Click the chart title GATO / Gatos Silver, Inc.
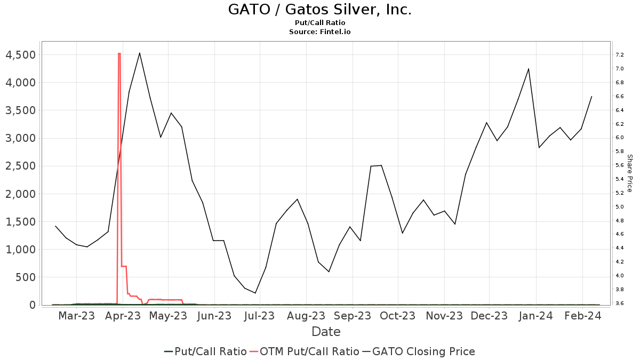pyautogui.click(x=320, y=10)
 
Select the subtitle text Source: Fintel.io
pyautogui.click(x=320, y=31)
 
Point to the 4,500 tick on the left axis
pyautogui.click(x=20, y=55)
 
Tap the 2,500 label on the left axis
pyautogui.click(x=20, y=166)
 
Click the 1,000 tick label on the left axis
pyautogui.click(x=20, y=250)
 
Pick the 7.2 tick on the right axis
pyautogui.click(x=619, y=55)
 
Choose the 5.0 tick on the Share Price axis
pyautogui.click(x=619, y=207)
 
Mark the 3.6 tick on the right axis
pyautogui.click(x=619, y=303)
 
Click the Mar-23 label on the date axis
pyautogui.click(x=76, y=316)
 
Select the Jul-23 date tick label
pyautogui.click(x=259, y=316)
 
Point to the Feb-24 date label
pyautogui.click(x=582, y=316)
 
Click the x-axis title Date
pyautogui.click(x=326, y=332)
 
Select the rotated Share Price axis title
pyautogui.click(x=629, y=173)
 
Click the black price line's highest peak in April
pyautogui.click(x=140, y=53)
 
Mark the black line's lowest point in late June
pyautogui.click(x=255, y=293)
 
